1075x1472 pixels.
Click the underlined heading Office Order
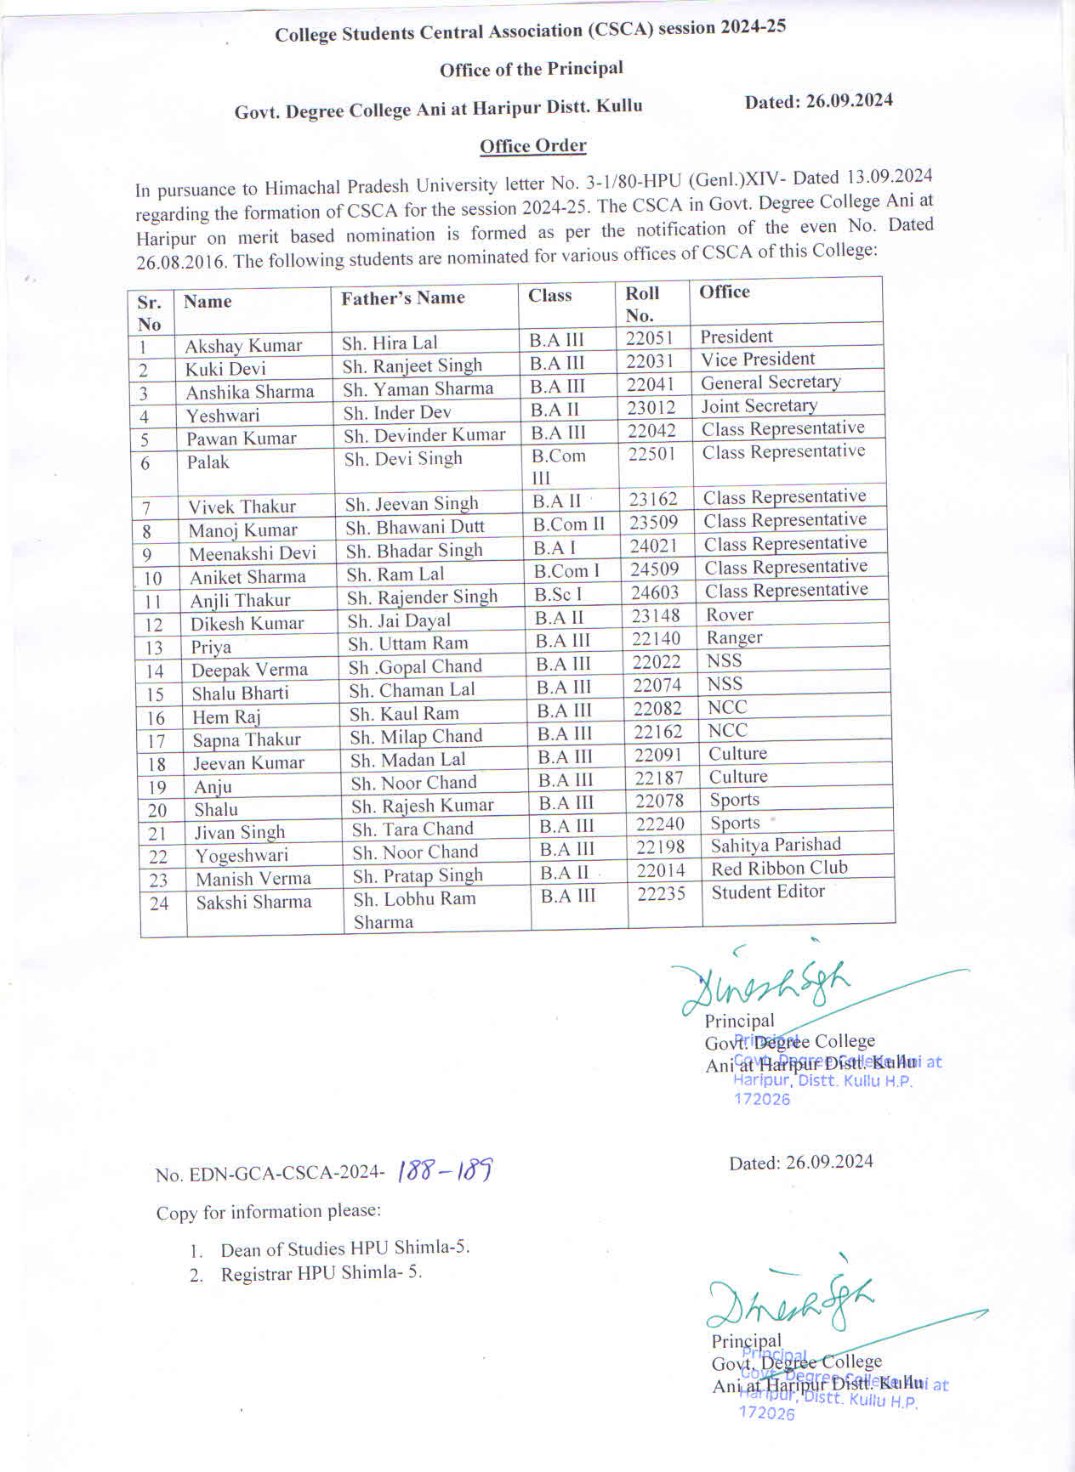pos(533,146)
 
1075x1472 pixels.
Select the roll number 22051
pos(650,337)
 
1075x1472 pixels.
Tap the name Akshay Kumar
pos(243,346)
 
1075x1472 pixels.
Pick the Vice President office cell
pos(758,360)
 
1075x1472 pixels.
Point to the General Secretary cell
pos(771,382)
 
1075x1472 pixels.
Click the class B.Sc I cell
pos(559,594)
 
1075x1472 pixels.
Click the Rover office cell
pos(730,614)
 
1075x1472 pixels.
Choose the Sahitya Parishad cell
pos(776,845)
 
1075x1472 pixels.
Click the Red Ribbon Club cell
pos(779,869)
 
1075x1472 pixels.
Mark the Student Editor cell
pos(768,892)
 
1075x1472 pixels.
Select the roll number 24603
pos(655,592)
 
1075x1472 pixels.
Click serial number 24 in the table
pos(159,903)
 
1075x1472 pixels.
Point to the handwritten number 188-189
pos(446,1171)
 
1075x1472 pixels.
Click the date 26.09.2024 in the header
pos(818,101)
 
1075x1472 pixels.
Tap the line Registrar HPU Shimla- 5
pos(321,1273)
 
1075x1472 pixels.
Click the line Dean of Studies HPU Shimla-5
pos(344,1248)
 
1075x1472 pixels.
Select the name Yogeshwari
pos(242,856)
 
